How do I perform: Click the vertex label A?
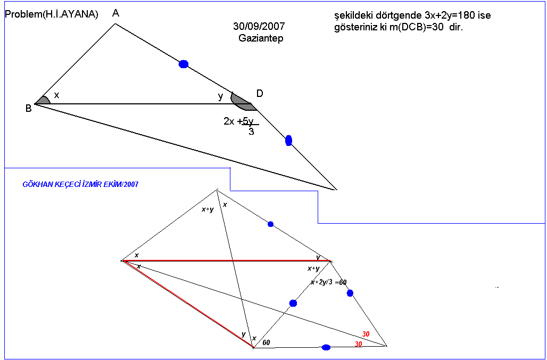[116, 13]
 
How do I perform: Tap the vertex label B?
[28, 108]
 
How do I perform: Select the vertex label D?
[260, 94]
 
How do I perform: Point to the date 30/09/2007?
[259, 26]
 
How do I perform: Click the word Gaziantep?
[261, 38]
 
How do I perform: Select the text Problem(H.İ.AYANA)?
[52, 15]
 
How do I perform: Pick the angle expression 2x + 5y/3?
[241, 126]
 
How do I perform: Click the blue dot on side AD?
[184, 64]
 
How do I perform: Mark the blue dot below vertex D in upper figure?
[288, 141]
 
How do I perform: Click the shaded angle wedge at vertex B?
[43, 100]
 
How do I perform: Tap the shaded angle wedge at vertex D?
[242, 102]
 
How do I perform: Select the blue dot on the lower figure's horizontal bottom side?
[326, 347]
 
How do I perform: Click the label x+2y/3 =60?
[328, 282]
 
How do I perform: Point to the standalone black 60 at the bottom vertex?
[266, 342]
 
